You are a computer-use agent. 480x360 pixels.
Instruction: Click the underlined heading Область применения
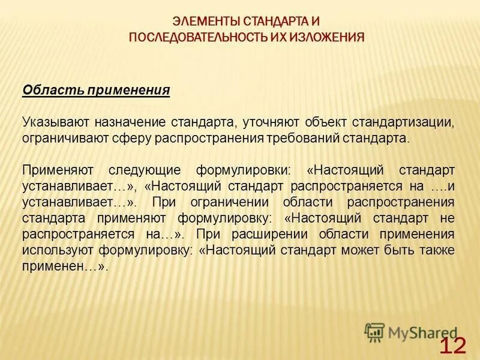pos(96,91)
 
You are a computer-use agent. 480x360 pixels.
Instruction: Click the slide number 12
pos(452,346)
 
